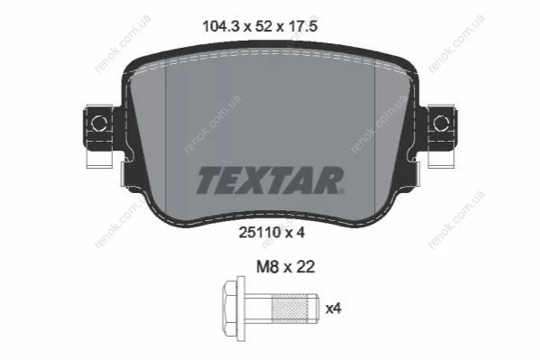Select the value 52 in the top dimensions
click(264, 26)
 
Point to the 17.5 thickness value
click(302, 26)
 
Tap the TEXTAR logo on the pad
click(270, 180)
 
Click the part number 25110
click(260, 233)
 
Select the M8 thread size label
click(267, 266)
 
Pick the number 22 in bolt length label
click(305, 266)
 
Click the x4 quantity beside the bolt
click(334, 309)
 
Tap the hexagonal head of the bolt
click(231, 308)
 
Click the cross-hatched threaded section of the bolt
click(290, 308)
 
